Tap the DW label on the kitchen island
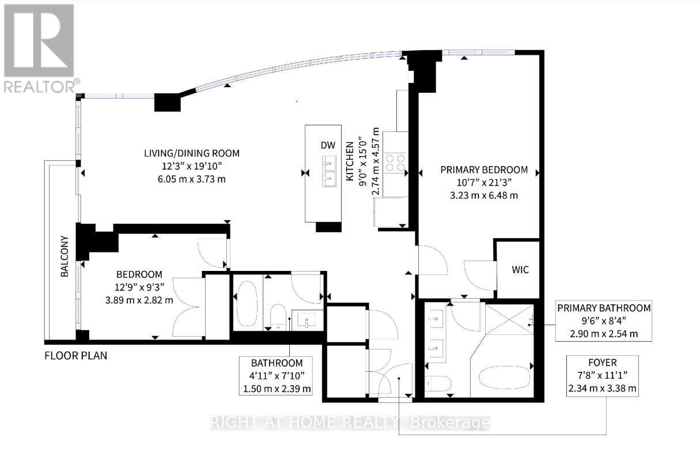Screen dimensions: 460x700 click(328, 146)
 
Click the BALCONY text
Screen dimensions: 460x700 click(65, 257)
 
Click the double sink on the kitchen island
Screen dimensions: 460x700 click(330, 171)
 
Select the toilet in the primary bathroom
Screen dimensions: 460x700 click(436, 383)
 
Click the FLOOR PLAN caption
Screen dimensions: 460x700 click(75, 356)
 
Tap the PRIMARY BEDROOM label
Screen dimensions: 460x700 click(484, 169)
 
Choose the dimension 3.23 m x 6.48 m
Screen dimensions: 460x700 click(484, 195)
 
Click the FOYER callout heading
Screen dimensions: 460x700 click(602, 363)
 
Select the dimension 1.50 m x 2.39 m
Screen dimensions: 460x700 click(277, 389)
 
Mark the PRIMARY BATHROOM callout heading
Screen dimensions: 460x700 click(604, 308)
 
